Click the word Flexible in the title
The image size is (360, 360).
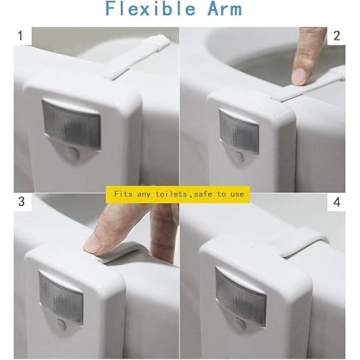pos(150,8)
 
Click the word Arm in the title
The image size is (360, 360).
pos(225,9)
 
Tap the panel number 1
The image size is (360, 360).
pos(20,36)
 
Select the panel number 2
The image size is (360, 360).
pos(337,36)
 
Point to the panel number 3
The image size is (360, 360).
pos(21,201)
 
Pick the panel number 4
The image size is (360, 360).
pos(337,202)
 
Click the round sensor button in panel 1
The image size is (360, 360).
pos(73,153)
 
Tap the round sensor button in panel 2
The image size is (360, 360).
pos(239,157)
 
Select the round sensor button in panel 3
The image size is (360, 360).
pos(61,324)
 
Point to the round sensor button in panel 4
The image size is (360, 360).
pos(240,323)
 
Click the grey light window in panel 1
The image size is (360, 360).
pos(71,124)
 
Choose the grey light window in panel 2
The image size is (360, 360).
pos(239,131)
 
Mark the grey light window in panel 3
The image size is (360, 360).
pos(61,293)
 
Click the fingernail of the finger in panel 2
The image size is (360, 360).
pos(299,76)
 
